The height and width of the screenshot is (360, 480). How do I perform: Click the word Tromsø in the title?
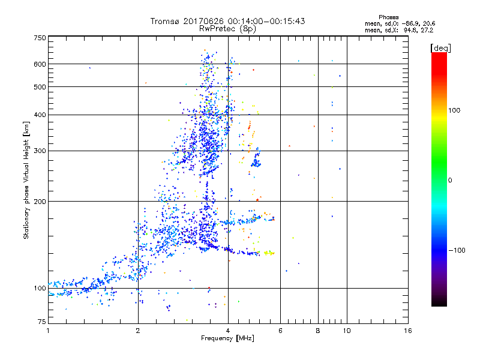[166, 21]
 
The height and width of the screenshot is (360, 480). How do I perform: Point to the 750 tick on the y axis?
[40, 37]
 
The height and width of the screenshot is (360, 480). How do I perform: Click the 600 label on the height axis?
[40, 64]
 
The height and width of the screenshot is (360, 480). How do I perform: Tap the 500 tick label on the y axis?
[40, 87]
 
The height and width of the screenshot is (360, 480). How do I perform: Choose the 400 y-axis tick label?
[40, 115]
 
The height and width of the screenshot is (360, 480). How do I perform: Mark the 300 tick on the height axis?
[40, 151]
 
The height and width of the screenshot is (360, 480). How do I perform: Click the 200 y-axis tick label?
[40, 202]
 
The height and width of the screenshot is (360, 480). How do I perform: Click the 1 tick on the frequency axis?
[48, 331]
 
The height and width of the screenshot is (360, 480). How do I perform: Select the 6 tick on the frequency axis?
[280, 331]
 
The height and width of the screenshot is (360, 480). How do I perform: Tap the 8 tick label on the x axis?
[318, 331]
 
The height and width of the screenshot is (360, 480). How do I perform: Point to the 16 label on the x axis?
[407, 331]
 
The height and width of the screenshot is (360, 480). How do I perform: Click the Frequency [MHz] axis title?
[227, 339]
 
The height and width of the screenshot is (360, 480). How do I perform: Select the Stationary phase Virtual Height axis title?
[26, 180]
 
